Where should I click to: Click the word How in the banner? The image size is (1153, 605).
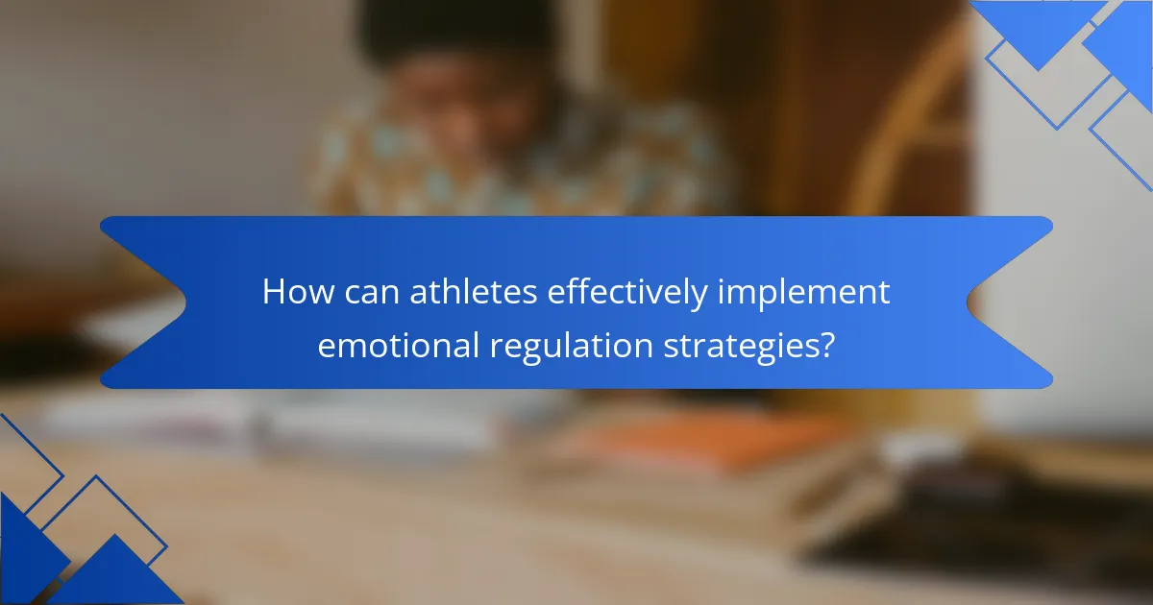click(x=299, y=292)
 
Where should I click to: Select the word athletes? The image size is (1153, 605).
click(x=474, y=292)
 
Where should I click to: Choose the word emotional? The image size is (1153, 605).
click(x=399, y=345)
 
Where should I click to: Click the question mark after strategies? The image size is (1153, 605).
click(x=826, y=345)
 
